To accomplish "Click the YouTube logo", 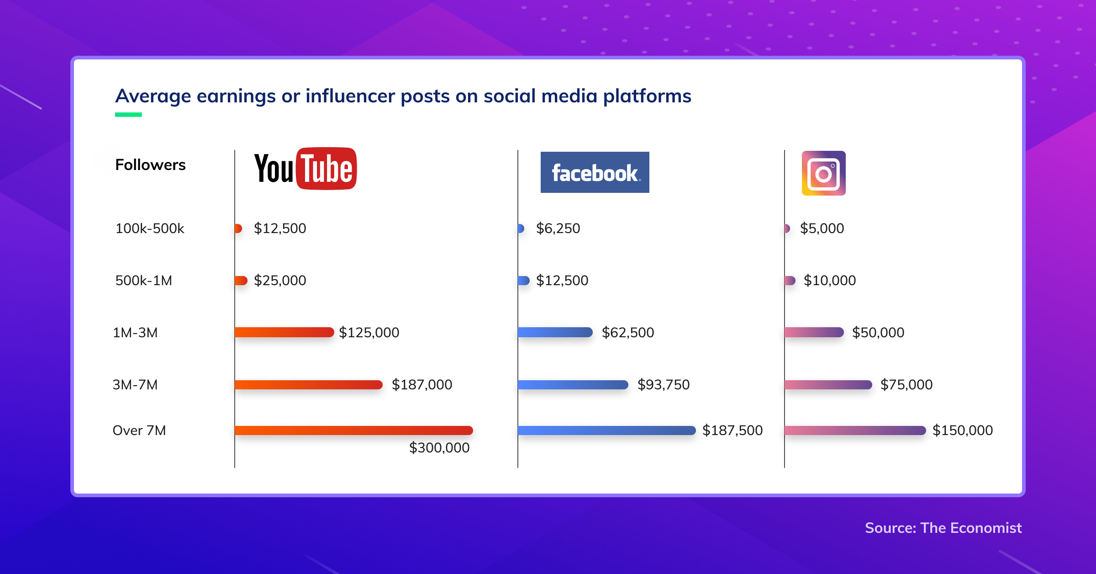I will click(x=305, y=169).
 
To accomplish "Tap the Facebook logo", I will click(x=595, y=172).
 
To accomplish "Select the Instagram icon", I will click(x=823, y=173).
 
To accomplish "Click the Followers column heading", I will click(x=150, y=165).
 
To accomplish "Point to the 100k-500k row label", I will click(x=149, y=228).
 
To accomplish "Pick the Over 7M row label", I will click(x=139, y=430).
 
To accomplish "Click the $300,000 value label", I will click(x=439, y=447).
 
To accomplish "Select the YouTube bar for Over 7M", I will click(x=353, y=430).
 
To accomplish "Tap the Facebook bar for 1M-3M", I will click(x=555, y=332).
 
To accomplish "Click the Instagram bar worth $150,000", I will click(x=855, y=430).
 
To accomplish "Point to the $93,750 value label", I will click(x=663, y=384).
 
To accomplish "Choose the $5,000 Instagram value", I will click(x=822, y=228).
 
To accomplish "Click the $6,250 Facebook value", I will click(x=558, y=228).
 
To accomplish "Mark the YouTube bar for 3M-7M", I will click(x=308, y=384).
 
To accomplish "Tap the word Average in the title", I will click(x=153, y=96).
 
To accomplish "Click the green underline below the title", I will click(x=128, y=115).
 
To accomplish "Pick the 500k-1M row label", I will click(x=143, y=280).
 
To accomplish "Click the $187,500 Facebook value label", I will click(x=732, y=430).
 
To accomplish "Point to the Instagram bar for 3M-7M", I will click(x=828, y=384).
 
